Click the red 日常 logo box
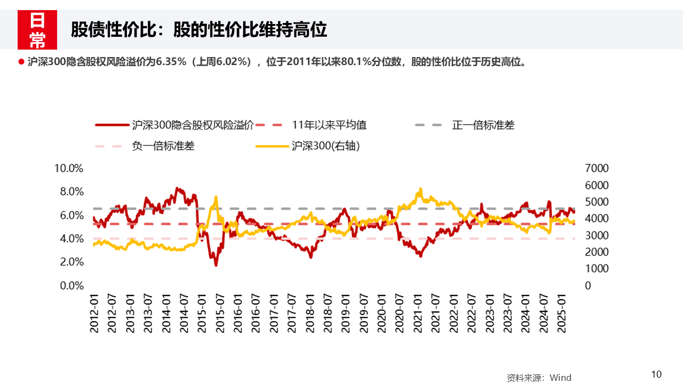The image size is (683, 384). [x=37, y=30]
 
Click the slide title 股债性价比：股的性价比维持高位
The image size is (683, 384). [x=198, y=30]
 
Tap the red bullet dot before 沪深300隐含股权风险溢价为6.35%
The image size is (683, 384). [x=22, y=62]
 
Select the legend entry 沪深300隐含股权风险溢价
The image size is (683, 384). [x=192, y=125]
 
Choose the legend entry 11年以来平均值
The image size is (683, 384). [x=329, y=125]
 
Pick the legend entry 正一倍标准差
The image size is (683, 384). [x=483, y=125]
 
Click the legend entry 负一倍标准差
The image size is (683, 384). [x=163, y=146]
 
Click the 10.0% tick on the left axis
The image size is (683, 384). [x=69, y=168]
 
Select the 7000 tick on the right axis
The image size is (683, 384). [x=597, y=168]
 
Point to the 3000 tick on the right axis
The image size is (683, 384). [x=597, y=235]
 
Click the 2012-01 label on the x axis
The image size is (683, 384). [x=94, y=313]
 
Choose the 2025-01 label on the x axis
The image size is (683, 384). [x=561, y=313]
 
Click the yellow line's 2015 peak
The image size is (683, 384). [x=216, y=197]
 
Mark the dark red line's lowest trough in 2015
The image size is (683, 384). [x=216, y=265]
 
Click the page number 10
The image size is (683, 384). [x=656, y=374]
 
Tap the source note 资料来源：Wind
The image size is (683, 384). [x=539, y=378]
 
